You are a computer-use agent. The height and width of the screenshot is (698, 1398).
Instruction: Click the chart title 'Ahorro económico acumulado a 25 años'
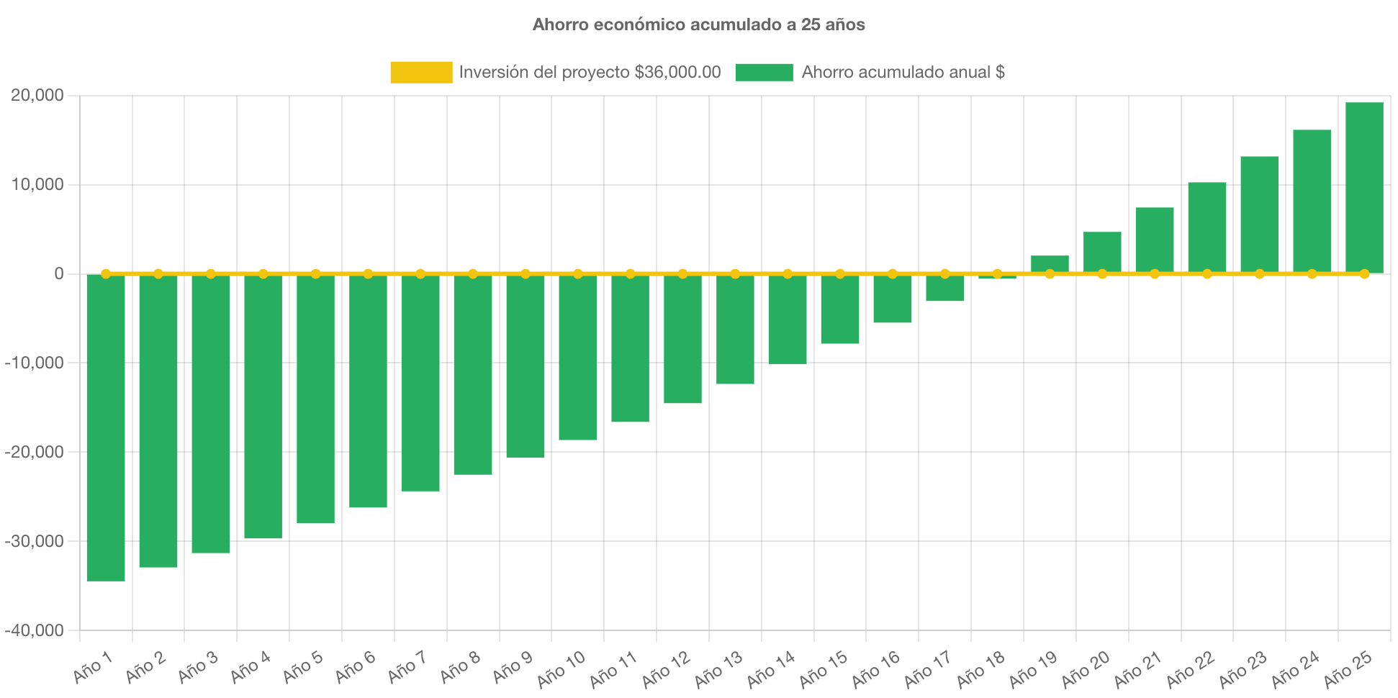pos(698,24)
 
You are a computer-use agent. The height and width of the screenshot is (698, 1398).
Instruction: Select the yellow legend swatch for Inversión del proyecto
pos(421,72)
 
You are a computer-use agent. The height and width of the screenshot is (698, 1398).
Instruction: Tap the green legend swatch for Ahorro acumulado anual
pos(764,72)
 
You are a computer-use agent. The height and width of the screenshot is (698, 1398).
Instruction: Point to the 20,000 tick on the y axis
pos(37,95)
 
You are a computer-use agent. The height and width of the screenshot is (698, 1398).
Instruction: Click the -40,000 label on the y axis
pos(34,630)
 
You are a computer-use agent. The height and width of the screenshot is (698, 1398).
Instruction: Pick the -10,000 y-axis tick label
pos(34,363)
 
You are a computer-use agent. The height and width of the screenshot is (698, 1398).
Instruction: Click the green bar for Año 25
pos(1364,187)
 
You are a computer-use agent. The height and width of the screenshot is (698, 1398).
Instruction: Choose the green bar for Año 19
pos(1050,263)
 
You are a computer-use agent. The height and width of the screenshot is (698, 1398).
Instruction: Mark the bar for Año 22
pos(1207,227)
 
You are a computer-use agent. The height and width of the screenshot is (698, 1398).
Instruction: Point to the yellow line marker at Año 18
pos(998,273)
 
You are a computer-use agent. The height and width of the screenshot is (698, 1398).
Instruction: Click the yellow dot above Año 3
pos(211,273)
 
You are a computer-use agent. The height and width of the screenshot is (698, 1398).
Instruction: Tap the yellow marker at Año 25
pos(1364,273)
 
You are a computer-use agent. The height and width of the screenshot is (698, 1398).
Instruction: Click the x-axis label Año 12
pos(666,668)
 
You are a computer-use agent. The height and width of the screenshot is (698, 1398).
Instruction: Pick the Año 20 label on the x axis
pos(1086,668)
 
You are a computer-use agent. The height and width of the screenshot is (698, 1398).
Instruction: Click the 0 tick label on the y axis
pos(58,273)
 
